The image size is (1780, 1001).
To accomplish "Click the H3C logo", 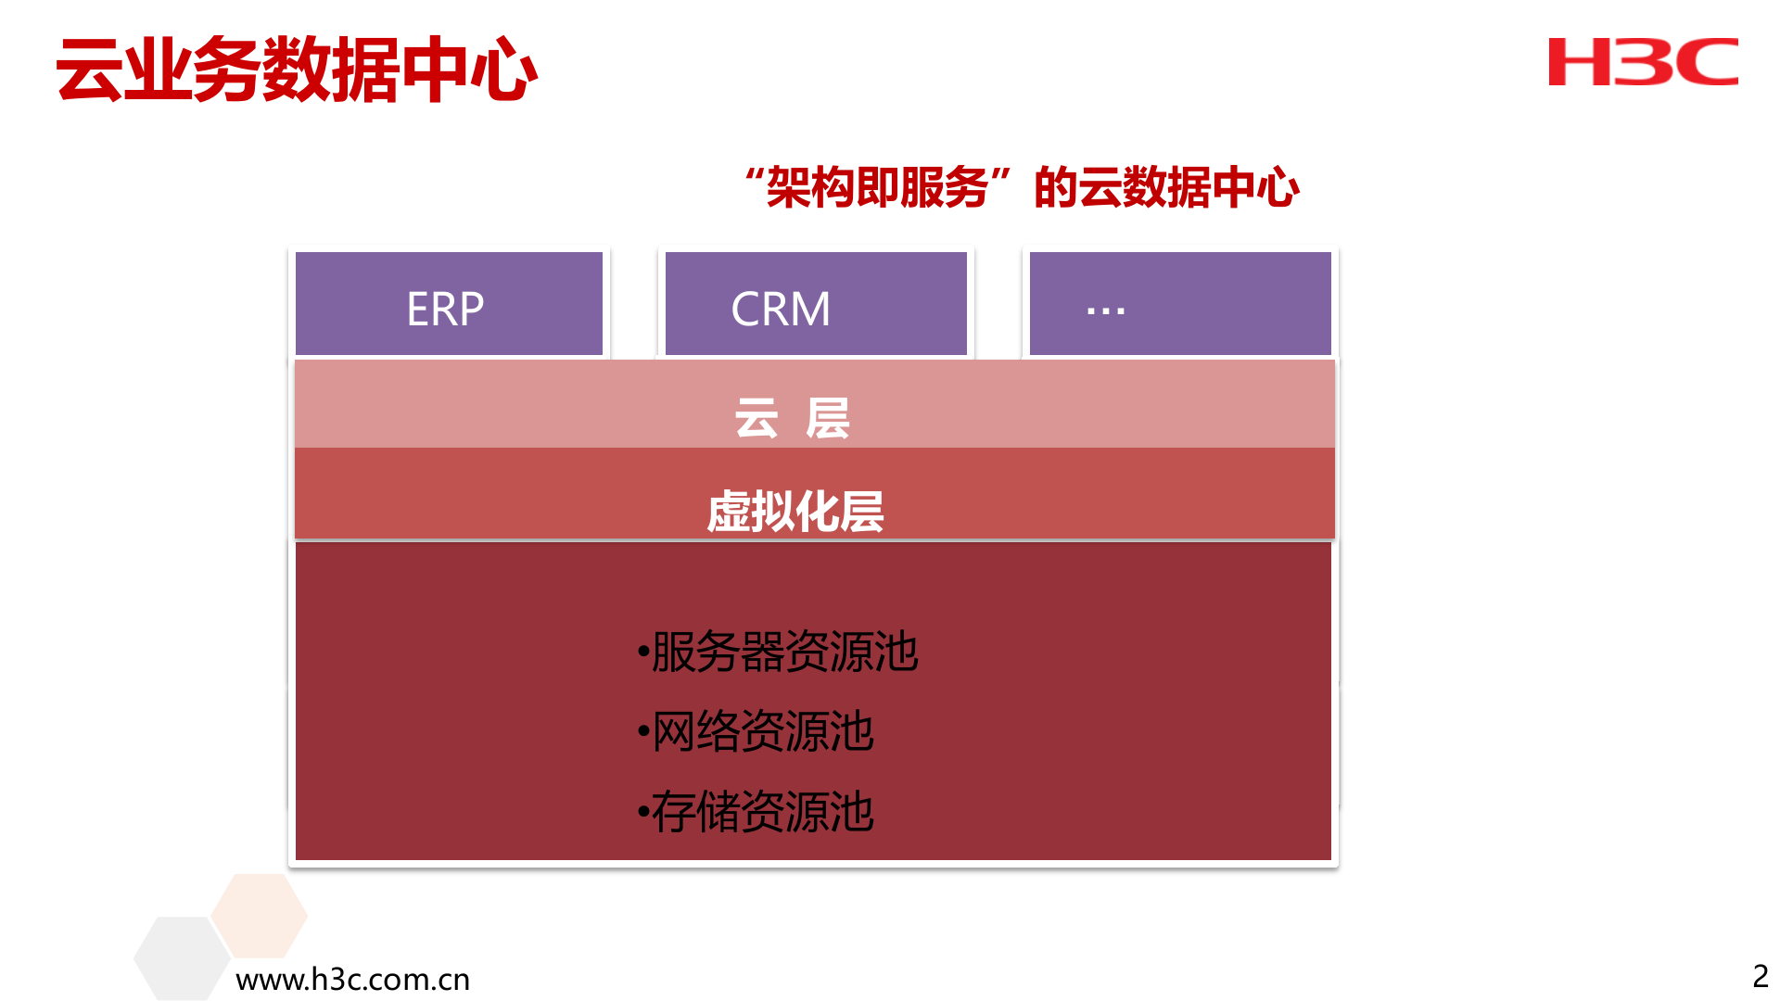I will pyautogui.click(x=1643, y=62).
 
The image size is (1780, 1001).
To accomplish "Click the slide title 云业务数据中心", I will pyautogui.click(x=297, y=70).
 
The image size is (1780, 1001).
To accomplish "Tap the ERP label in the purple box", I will pyautogui.click(x=445, y=309).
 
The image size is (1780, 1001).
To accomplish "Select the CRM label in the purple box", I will pyautogui.click(x=781, y=309).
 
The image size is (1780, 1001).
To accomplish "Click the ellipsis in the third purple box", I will pyautogui.click(x=1105, y=310).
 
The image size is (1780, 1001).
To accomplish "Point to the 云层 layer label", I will pyautogui.click(x=792, y=418).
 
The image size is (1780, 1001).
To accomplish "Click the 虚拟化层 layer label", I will pyautogui.click(x=795, y=512).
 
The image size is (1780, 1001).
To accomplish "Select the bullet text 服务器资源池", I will pyautogui.click(x=784, y=652).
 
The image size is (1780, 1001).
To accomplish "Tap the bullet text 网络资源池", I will pyautogui.click(x=762, y=731).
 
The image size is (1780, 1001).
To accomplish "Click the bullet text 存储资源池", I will pyautogui.click(x=762, y=812).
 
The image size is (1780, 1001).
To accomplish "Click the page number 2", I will pyautogui.click(x=1760, y=976).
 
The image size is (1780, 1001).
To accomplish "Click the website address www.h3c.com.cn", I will pyautogui.click(x=352, y=979).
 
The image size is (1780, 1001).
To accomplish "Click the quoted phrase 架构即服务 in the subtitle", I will pyautogui.click(x=877, y=188).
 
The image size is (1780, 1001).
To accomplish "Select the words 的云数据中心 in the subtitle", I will pyautogui.click(x=1166, y=188).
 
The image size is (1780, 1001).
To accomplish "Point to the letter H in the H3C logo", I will pyautogui.click(x=1580, y=62).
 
